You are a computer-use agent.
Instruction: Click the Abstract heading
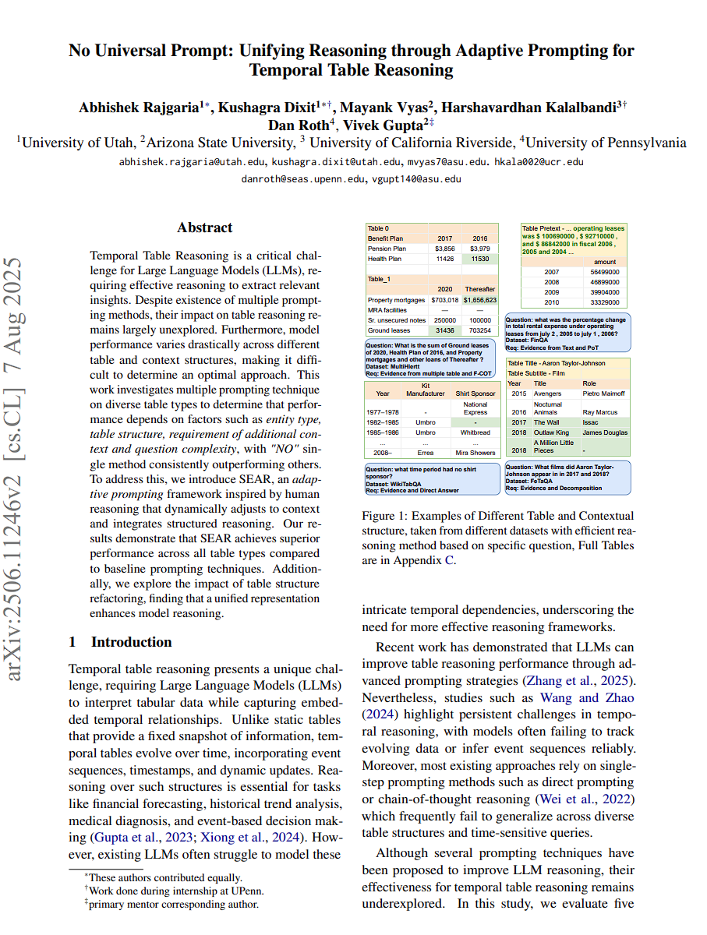pyautogui.click(x=204, y=228)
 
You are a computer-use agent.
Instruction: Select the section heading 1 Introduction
pyautogui.click(x=120, y=642)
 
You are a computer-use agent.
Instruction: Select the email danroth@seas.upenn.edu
pyautogui.click(x=304, y=178)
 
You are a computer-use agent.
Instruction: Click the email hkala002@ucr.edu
pyautogui.click(x=539, y=162)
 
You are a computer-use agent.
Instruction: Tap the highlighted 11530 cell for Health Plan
pyautogui.click(x=480, y=259)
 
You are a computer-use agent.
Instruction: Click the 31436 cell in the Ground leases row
pyautogui.click(x=444, y=330)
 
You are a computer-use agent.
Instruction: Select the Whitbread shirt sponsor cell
pyautogui.click(x=475, y=432)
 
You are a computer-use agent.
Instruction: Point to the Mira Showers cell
pyautogui.click(x=475, y=452)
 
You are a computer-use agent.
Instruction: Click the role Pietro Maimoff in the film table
pyautogui.click(x=603, y=393)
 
